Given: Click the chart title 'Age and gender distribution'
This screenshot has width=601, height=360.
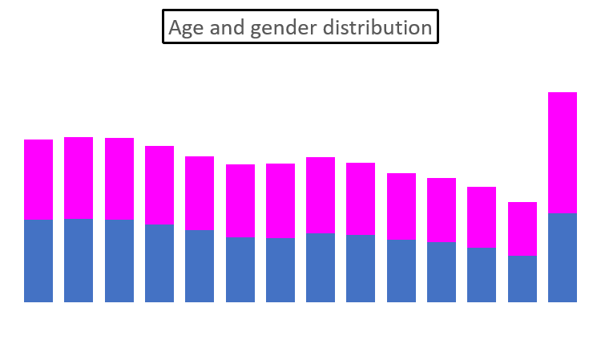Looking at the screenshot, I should (300, 27).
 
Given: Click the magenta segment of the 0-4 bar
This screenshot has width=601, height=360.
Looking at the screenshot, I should (38, 179).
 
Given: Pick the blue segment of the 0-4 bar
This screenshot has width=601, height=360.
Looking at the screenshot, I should (38, 261).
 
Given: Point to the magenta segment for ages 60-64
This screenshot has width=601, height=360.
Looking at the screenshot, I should (522, 229).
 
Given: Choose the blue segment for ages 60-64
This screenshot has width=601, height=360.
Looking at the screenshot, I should (522, 279).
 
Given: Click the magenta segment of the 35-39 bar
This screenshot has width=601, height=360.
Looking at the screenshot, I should (321, 195).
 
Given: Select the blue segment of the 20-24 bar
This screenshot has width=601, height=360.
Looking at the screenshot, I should (200, 266).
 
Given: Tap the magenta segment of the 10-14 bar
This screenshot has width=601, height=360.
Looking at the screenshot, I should (119, 178).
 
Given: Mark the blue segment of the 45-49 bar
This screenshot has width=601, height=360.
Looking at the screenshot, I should (401, 271).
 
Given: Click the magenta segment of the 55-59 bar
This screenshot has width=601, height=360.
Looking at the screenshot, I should (482, 217).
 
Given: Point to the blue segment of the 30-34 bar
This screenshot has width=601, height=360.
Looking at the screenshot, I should (280, 270).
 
